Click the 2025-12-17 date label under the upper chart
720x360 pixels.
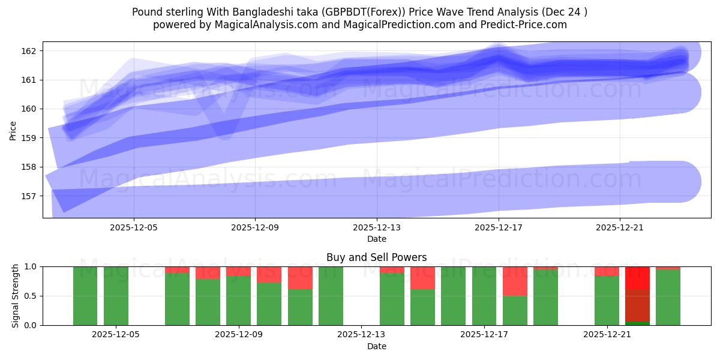(498, 228)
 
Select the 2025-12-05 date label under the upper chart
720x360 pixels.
(134, 228)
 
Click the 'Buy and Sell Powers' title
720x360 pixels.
(376, 257)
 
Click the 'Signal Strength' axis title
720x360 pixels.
(16, 296)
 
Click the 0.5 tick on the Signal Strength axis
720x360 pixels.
(31, 296)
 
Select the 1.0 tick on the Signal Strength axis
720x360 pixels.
(31, 267)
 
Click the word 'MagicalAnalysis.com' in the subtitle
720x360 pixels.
(262, 25)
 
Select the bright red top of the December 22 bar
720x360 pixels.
(637, 277)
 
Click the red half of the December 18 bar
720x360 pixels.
(515, 281)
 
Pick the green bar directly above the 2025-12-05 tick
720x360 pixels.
(116, 296)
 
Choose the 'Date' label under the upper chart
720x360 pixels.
(376, 239)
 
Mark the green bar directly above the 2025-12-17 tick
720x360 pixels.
(484, 296)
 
